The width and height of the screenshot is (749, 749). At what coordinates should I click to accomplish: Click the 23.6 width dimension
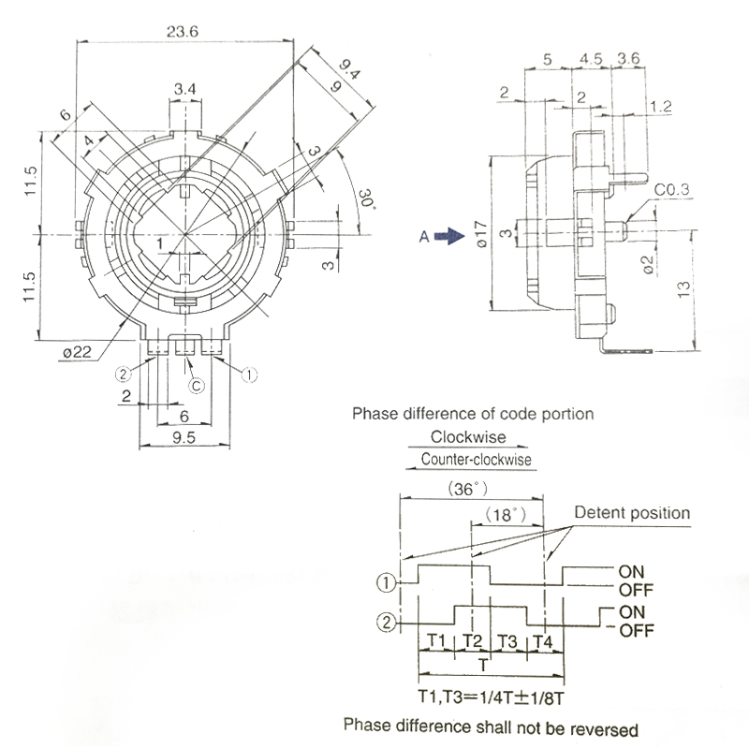click(182, 31)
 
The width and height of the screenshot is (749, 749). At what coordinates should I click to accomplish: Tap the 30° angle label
click(365, 199)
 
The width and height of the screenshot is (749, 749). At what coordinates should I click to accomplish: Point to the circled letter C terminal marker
click(196, 384)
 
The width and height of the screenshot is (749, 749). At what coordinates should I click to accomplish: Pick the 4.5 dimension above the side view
click(591, 58)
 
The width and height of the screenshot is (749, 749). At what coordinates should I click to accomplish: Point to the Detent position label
click(632, 513)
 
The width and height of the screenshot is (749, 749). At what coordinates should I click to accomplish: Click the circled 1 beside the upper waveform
click(384, 581)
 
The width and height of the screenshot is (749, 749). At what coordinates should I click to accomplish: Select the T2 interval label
click(473, 641)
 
